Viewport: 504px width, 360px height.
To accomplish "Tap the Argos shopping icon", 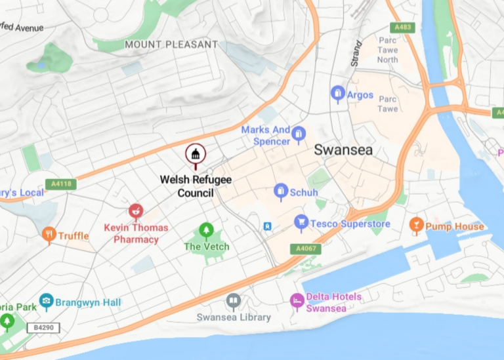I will point(338,94).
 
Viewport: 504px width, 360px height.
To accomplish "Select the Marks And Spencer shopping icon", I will point(299,135).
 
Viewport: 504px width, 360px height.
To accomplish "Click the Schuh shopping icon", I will point(281,191).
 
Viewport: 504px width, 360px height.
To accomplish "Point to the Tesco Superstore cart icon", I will point(301,223).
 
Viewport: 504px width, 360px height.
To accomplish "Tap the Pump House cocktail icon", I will point(416,226).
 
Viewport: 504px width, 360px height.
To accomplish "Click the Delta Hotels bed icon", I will point(297,302).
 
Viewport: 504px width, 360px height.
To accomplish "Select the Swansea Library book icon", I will point(233,302).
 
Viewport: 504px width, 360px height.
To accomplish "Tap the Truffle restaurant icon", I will point(49,235).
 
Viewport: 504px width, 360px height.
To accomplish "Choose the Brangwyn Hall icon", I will point(46,302).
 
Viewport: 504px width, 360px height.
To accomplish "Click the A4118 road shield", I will point(58,185).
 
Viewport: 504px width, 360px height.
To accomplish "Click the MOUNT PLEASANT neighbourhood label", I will point(171,45).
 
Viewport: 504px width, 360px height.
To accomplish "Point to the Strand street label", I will point(356,54).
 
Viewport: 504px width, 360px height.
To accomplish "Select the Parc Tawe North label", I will point(388,49).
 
